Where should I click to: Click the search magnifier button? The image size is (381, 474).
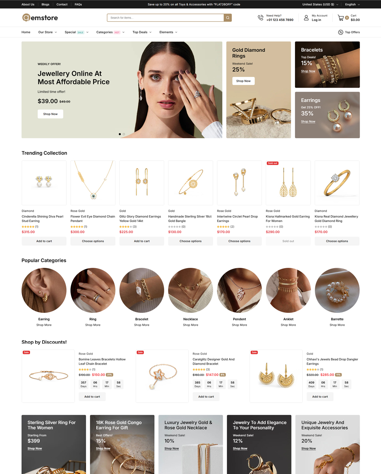(227, 18)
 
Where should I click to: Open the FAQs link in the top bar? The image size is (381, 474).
(78, 4)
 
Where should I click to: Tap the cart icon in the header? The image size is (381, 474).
(341, 18)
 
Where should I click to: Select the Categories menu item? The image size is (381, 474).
(104, 32)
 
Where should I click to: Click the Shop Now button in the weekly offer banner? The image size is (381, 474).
(50, 114)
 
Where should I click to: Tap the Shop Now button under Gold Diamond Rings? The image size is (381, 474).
(243, 81)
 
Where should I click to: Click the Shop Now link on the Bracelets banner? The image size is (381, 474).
(308, 71)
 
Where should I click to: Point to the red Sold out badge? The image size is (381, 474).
(273, 163)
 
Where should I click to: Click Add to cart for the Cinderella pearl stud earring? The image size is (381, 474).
(44, 241)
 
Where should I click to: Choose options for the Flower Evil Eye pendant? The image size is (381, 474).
(93, 241)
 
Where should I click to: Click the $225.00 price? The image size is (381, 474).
(126, 232)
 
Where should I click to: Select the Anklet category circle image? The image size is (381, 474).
(288, 290)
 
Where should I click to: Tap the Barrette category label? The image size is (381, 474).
(337, 319)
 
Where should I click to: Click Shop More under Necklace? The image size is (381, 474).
(190, 325)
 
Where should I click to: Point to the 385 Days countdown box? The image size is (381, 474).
(197, 384)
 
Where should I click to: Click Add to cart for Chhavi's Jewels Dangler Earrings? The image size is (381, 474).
(320, 397)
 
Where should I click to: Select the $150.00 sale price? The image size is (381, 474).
(98, 375)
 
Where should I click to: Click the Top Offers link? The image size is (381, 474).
(349, 32)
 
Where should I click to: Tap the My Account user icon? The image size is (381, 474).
(306, 18)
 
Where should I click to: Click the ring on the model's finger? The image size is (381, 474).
(197, 94)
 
